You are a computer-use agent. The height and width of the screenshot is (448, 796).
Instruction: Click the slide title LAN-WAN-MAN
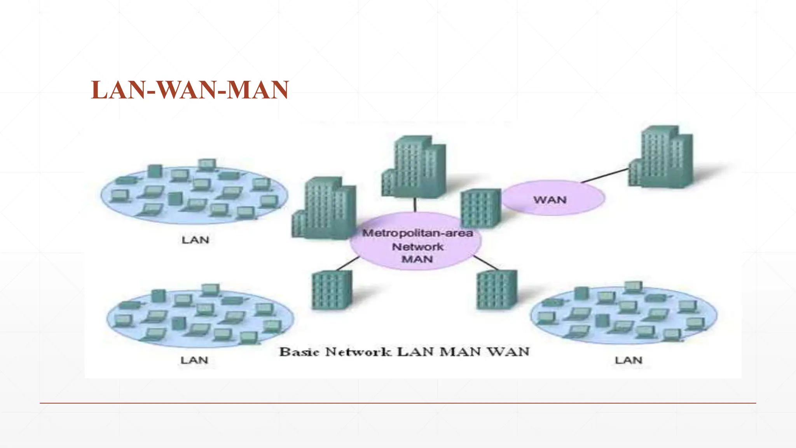tap(190, 90)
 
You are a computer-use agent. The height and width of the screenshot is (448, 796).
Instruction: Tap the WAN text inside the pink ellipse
tap(550, 200)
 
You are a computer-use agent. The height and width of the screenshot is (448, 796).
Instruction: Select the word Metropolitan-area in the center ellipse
tap(417, 233)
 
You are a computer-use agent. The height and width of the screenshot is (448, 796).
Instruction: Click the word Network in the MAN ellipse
tap(417, 247)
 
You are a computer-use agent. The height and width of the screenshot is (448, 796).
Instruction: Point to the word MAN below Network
tap(417, 259)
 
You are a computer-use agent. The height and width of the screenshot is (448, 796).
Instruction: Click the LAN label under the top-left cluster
tap(196, 240)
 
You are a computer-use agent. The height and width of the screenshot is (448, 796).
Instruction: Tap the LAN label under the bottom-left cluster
tap(194, 360)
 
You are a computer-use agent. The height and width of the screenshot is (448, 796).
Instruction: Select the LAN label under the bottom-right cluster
tap(628, 360)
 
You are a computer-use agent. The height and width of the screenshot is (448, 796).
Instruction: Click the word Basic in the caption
tap(299, 352)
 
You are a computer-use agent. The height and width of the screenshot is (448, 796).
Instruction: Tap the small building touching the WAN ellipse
tap(480, 208)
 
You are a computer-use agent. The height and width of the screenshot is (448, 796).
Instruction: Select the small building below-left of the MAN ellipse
tap(332, 290)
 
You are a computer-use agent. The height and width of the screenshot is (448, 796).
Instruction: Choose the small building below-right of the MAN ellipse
tap(496, 290)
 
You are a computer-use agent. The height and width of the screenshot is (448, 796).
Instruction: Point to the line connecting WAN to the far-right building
tap(605, 175)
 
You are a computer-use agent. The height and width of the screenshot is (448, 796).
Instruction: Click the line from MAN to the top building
tap(415, 205)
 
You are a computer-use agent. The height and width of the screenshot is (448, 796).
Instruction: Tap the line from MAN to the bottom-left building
tap(347, 263)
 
